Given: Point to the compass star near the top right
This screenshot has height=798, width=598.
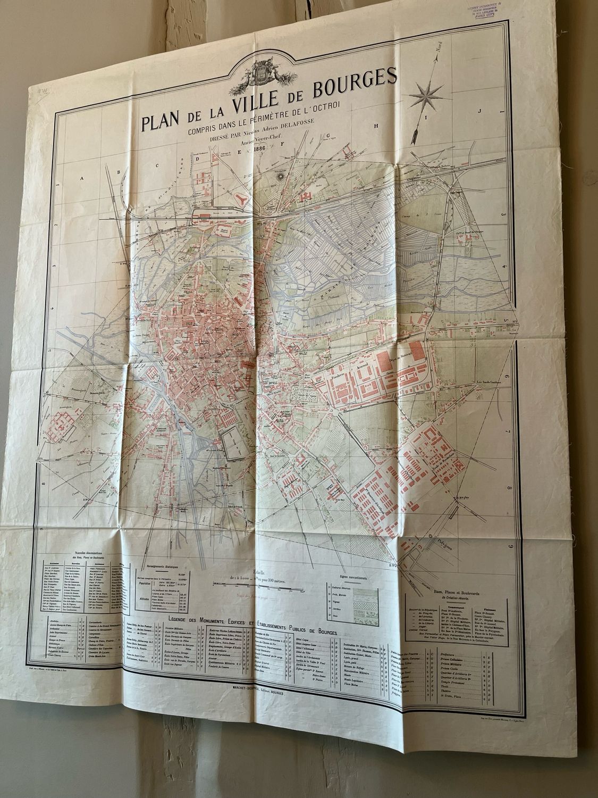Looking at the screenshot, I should pos(427,96).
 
